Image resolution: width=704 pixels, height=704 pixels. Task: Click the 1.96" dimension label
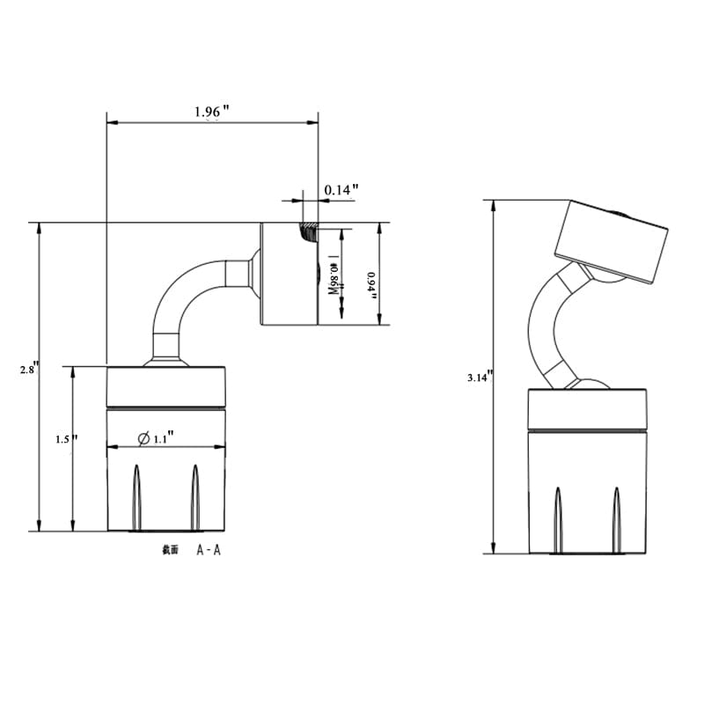211,112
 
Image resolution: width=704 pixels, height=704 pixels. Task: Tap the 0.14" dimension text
341,189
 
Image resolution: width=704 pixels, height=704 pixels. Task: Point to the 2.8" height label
30,370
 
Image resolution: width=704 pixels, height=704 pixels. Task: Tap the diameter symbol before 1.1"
143,437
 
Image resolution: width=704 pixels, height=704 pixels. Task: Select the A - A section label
209,550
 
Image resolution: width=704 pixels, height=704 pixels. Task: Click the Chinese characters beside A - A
170,550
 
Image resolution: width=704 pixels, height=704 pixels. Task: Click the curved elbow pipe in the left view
180,299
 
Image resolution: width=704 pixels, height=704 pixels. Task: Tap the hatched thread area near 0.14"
309,232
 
